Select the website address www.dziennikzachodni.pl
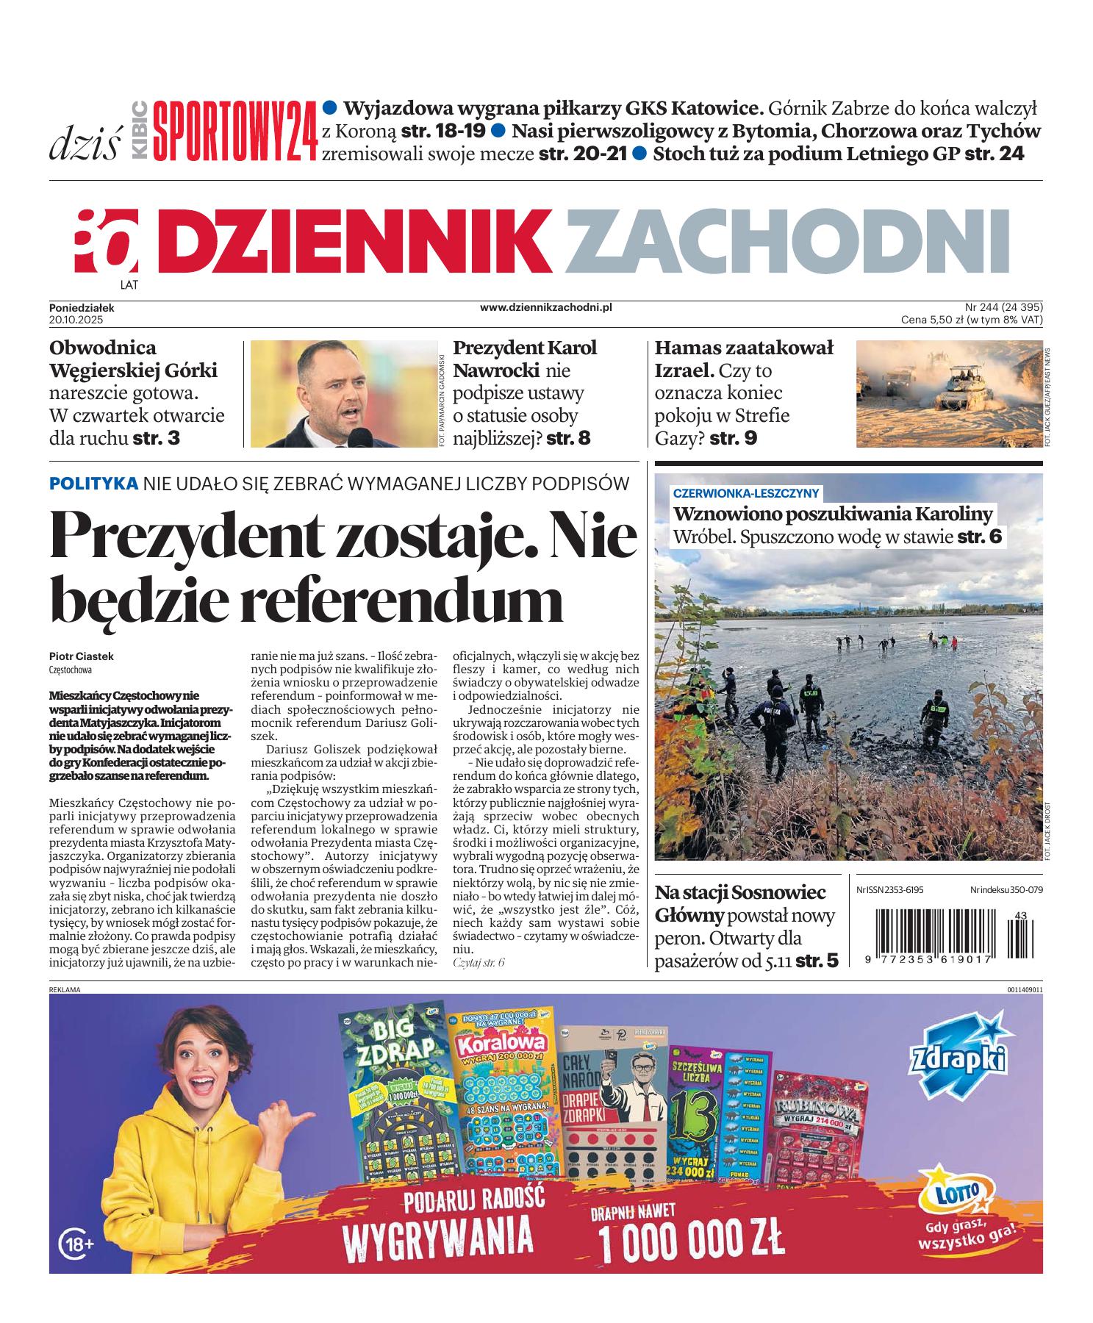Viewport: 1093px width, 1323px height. pyautogui.click(x=545, y=308)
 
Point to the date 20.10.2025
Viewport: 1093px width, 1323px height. pyautogui.click(x=76, y=320)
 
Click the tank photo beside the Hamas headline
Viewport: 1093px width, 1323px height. pyautogui.click(x=947, y=393)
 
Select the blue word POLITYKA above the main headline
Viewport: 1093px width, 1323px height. pyautogui.click(x=93, y=484)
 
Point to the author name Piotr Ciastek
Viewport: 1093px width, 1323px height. pyautogui.click(x=82, y=656)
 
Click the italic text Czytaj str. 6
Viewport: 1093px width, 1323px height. pyautogui.click(x=479, y=962)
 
